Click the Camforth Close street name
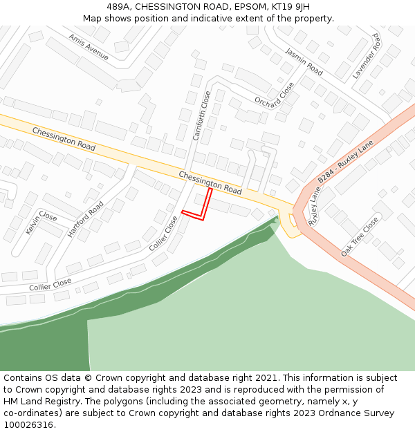point(201,115)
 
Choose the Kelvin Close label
point(41,222)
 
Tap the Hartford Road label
point(86,219)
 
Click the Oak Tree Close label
point(360,236)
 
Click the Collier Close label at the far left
point(50,283)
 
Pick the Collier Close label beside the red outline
point(163,234)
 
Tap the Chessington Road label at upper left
point(64,139)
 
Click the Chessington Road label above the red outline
point(210,182)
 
